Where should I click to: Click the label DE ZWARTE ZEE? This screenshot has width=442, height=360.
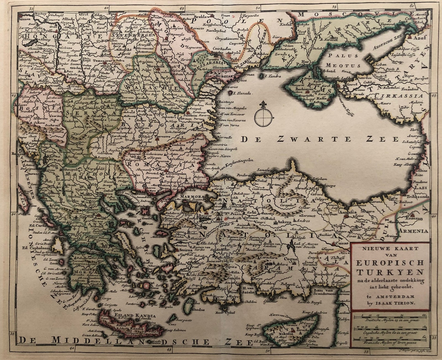point(320,140)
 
